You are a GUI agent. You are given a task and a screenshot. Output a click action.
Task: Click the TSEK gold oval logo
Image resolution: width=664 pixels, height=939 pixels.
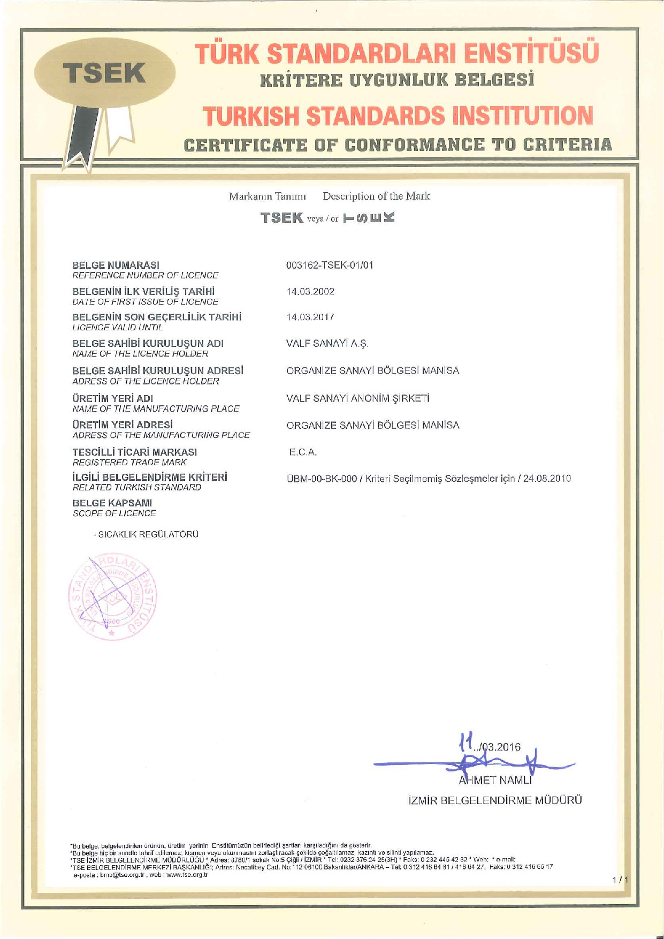click(x=105, y=74)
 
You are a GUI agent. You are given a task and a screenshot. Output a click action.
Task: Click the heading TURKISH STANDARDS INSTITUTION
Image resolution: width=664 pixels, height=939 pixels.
click(x=398, y=116)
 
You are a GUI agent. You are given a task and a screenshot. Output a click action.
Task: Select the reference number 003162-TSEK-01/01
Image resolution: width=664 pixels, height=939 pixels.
click(x=330, y=265)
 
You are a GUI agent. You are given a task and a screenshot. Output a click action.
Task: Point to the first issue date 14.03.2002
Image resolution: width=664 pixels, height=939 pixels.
click(x=310, y=291)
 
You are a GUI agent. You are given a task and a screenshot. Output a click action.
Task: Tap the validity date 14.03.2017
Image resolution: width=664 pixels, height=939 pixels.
click(x=310, y=317)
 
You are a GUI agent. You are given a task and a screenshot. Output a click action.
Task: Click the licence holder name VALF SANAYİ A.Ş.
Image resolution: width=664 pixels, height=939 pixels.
click(x=327, y=344)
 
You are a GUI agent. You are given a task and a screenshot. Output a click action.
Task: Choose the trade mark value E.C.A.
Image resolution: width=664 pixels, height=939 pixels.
click(x=303, y=452)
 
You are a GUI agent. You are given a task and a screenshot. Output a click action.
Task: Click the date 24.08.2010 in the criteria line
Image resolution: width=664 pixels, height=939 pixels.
click(x=547, y=479)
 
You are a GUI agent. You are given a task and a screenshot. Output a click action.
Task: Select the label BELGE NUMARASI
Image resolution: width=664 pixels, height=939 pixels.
click(x=116, y=265)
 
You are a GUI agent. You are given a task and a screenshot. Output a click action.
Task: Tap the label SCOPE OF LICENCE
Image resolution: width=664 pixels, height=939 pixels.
click(x=115, y=513)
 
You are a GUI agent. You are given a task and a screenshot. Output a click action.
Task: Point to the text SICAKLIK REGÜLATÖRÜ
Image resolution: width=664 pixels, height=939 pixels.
click(x=148, y=534)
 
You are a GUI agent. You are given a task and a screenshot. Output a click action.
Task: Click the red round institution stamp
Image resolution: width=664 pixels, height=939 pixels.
click(x=113, y=598)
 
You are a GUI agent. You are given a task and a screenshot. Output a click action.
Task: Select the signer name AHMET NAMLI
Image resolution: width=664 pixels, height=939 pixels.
click(x=495, y=781)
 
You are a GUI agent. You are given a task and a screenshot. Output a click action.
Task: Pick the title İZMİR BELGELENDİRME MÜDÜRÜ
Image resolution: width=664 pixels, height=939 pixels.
click(x=495, y=801)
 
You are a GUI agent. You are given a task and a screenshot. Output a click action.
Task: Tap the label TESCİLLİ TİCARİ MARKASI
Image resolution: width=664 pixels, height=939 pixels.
click(x=134, y=452)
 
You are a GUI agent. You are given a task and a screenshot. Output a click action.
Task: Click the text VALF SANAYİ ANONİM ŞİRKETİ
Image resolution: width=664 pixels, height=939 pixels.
click(x=358, y=398)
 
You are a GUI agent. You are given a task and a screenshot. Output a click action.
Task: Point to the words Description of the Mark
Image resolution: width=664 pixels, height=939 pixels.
click(x=376, y=196)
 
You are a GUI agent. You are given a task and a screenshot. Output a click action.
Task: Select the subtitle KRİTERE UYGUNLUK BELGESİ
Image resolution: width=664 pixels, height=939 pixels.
click(x=398, y=81)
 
